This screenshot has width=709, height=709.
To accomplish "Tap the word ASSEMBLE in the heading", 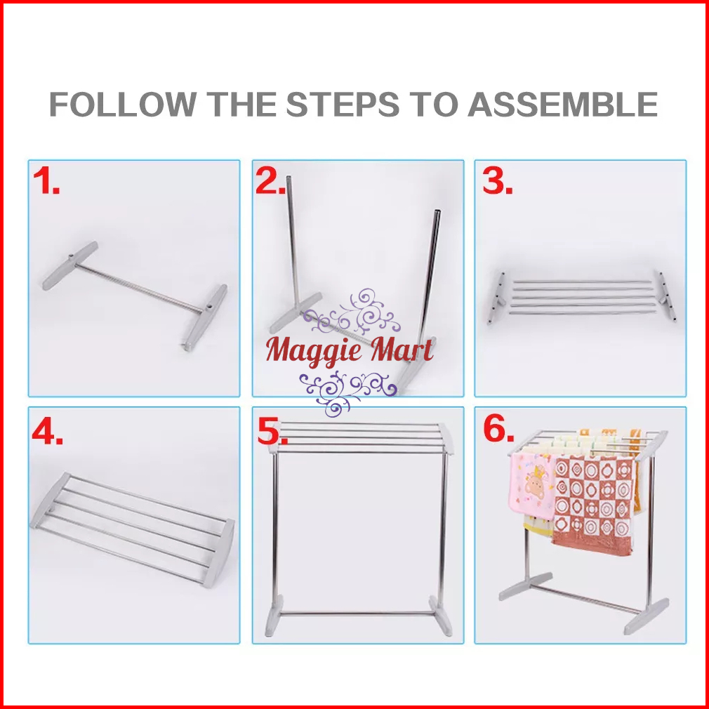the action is pyautogui.click(x=562, y=104).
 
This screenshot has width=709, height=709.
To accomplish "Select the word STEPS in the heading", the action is pyautogui.click(x=343, y=104).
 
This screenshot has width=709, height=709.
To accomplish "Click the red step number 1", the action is pyautogui.click(x=46, y=180).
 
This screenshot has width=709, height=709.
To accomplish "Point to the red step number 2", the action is pyautogui.click(x=270, y=180).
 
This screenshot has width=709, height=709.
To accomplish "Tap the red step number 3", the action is pyautogui.click(x=498, y=180).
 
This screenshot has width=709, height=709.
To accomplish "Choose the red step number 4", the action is pyautogui.click(x=47, y=432).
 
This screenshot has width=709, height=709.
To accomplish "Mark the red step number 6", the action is pyautogui.click(x=498, y=428).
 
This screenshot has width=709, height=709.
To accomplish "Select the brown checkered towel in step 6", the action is pyautogui.click(x=593, y=504).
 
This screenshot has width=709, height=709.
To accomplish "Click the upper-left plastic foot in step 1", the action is pyautogui.click(x=69, y=265).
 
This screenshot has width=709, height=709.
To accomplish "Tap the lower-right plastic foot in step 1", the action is pyautogui.click(x=204, y=317).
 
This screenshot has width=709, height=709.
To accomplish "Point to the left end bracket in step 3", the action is pyautogui.click(x=496, y=298).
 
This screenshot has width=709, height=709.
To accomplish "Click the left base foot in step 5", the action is pyautogui.click(x=274, y=616).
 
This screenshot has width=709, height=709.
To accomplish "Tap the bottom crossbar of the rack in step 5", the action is pyautogui.click(x=355, y=614).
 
